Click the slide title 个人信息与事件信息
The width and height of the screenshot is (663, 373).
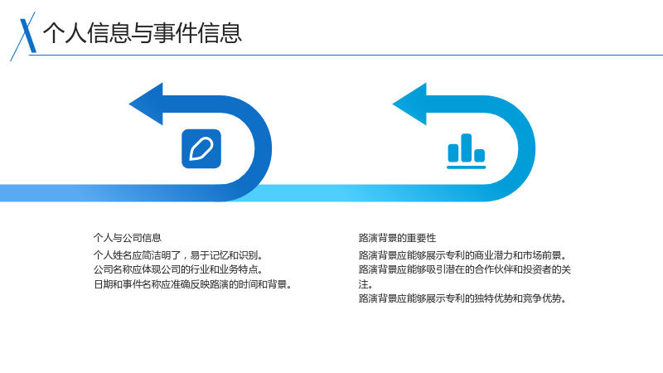point(142,33)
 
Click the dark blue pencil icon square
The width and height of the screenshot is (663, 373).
point(201,148)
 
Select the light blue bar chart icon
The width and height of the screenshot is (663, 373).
point(467,151)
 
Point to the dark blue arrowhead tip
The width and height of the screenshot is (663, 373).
point(129,104)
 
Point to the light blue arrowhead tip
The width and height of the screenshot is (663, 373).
point(393,104)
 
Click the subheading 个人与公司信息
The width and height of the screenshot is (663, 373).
point(128,238)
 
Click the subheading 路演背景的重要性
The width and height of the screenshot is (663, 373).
point(397,238)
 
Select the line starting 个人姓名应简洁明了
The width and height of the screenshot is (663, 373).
point(178,255)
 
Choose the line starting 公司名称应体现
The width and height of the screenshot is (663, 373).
point(178,269)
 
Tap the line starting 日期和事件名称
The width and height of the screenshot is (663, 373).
point(193,283)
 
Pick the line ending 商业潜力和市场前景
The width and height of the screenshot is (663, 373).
point(463,255)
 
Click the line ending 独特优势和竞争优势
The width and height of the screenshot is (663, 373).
point(463,298)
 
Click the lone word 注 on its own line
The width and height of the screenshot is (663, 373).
point(363,283)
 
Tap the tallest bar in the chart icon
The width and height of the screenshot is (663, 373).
point(466,148)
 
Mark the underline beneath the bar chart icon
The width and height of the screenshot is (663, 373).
point(467,167)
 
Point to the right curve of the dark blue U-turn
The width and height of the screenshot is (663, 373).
point(263,148)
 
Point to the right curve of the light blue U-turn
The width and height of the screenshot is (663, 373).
point(527,148)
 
